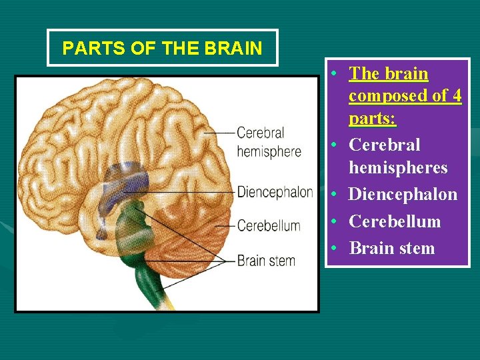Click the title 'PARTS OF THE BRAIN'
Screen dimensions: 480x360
(x=161, y=49)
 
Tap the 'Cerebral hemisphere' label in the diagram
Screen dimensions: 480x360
(x=269, y=142)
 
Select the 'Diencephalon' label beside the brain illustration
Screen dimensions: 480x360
(x=275, y=192)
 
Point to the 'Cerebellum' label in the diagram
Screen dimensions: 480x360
(x=269, y=225)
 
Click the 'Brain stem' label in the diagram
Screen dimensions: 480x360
(x=266, y=260)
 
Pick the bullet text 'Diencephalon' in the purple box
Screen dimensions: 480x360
(x=403, y=195)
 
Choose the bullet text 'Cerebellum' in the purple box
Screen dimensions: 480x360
(x=395, y=221)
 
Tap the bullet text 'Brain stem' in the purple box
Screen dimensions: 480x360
(x=391, y=248)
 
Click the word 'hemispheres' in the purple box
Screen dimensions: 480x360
(x=398, y=167)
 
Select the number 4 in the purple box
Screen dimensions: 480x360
(x=456, y=96)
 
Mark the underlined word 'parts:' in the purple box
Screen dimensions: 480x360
(x=373, y=119)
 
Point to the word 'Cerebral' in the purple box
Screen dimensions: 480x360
(x=385, y=145)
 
